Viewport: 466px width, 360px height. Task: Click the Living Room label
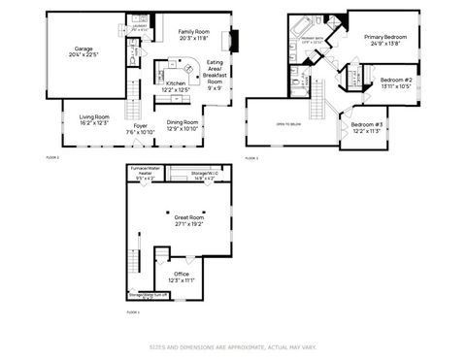pyautogui.click(x=94, y=118)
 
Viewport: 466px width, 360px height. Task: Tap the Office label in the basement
pyautogui.click(x=182, y=278)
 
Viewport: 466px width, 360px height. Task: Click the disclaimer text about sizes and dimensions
pyautogui.click(x=232, y=345)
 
